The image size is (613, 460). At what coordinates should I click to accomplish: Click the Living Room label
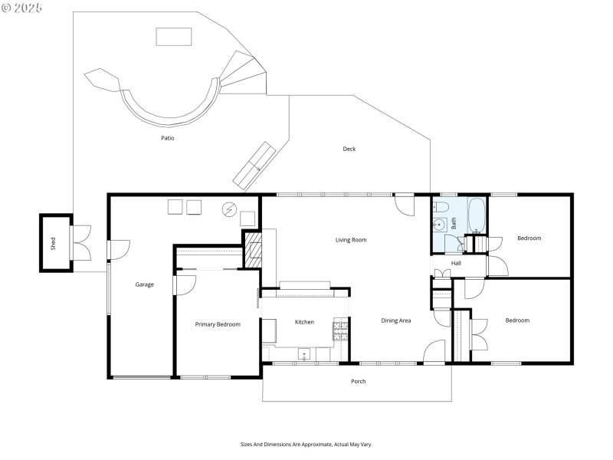[x=351, y=240]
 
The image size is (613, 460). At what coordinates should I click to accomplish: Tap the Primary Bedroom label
[x=218, y=324]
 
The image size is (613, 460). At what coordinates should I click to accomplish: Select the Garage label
[x=145, y=284]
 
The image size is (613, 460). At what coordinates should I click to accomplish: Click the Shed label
[x=54, y=244]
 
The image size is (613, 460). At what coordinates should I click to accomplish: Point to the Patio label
[x=167, y=139]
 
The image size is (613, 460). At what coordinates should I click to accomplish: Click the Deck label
[x=349, y=149]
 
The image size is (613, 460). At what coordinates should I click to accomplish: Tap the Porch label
[x=358, y=381]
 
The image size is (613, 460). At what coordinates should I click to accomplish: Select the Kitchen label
[x=304, y=322]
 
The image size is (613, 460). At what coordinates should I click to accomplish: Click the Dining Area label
[x=396, y=320]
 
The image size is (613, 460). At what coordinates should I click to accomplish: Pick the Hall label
[x=456, y=263]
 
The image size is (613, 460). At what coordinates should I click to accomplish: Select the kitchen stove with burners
[x=340, y=330]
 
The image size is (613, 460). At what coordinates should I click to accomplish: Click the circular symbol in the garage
[x=228, y=209]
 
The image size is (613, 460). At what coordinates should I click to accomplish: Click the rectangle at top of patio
[x=174, y=36]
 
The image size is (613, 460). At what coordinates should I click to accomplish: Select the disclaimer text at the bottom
[x=306, y=444]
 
